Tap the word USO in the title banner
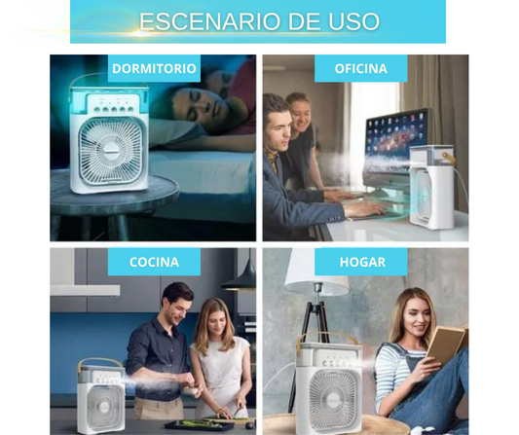click(353, 21)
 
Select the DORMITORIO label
click(154, 68)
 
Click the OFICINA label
click(361, 68)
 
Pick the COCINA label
click(154, 262)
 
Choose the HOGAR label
click(361, 262)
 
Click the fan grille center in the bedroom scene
click(111, 151)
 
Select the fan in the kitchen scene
click(101, 396)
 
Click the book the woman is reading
click(447, 344)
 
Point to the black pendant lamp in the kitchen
click(239, 278)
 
